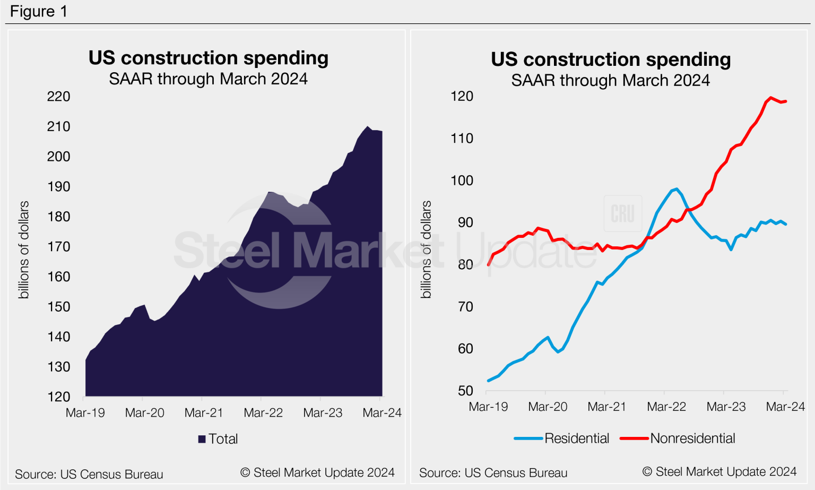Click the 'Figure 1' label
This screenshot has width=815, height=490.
39,11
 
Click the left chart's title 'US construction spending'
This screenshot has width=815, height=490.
208,58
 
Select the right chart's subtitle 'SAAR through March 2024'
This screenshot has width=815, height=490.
610,80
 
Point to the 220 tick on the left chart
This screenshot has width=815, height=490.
58,97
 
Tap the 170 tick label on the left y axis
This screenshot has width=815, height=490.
58,247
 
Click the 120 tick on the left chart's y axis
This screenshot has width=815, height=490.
58,397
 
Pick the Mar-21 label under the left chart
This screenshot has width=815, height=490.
204,413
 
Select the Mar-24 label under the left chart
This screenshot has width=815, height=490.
382,413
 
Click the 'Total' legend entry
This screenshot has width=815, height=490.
218,439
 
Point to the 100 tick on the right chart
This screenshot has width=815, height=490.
462,180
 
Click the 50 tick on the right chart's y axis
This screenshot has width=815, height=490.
465,391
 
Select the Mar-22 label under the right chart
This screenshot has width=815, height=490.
666,407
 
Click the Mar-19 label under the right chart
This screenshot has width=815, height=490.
488,407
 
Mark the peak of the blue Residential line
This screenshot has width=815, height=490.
677,188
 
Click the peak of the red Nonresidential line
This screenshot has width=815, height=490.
770,98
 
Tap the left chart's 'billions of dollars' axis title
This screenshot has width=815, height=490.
24,250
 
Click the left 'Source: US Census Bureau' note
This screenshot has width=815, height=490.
89,475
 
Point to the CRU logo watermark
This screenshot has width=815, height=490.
623,213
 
